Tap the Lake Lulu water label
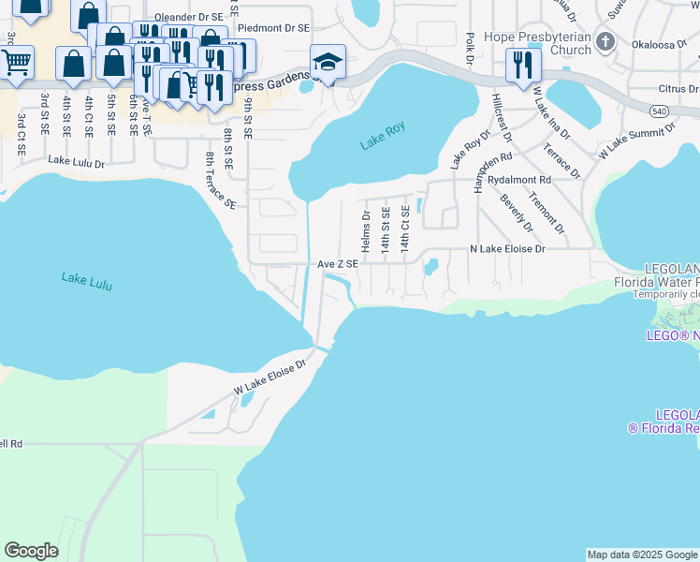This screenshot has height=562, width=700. tap(86, 280)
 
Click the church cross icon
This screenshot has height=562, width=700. tap(605, 42)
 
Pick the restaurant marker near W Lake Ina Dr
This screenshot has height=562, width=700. tap(522, 65)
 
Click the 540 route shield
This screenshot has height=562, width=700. tap(661, 111)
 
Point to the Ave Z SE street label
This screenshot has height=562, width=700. tap(338, 264)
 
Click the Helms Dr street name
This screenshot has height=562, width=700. tap(366, 230)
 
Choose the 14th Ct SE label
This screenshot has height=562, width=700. tap(404, 228)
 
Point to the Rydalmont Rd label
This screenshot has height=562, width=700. tap(518, 179)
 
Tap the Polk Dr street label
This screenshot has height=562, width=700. tap(470, 49)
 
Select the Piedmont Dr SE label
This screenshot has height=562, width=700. tap(273, 28)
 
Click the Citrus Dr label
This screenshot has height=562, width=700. tap(678, 89)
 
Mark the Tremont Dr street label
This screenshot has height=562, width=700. tap(547, 213)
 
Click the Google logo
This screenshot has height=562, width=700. tap(31, 551)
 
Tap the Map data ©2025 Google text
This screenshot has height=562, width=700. tap(641, 555)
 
